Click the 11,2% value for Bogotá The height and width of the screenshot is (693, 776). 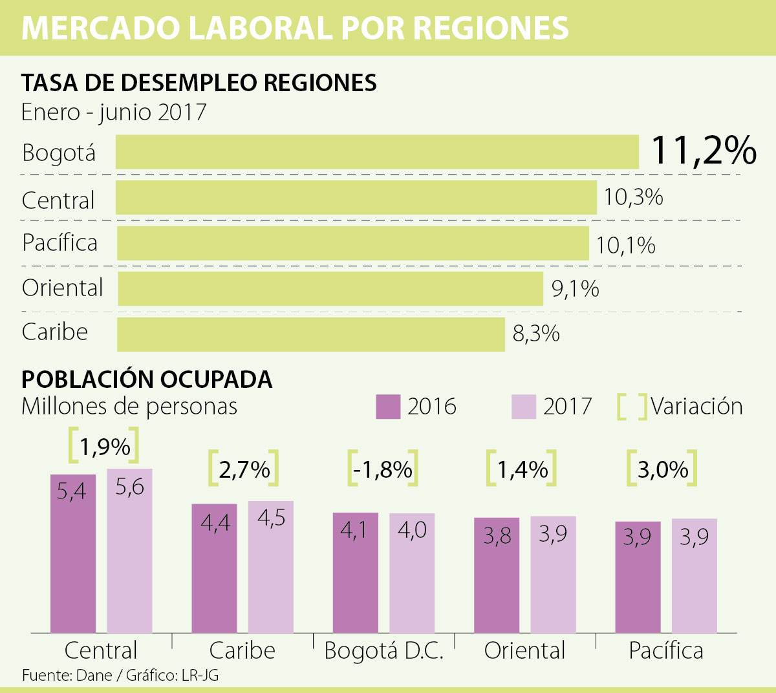(x=703, y=151)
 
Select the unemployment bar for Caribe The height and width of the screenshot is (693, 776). (x=310, y=334)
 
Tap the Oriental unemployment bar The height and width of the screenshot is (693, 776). (x=330, y=288)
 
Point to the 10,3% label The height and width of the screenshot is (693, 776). (x=633, y=197)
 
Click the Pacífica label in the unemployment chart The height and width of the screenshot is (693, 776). (x=59, y=242)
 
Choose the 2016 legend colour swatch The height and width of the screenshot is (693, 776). (x=388, y=407)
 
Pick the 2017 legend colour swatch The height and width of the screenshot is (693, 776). (x=524, y=407)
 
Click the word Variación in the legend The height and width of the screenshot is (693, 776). (x=696, y=407)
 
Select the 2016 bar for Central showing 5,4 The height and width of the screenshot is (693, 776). (x=73, y=553)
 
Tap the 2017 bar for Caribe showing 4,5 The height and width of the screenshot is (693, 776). (x=271, y=566)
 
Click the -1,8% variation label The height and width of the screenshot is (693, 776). (x=383, y=469)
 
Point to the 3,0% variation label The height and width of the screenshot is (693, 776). (x=663, y=469)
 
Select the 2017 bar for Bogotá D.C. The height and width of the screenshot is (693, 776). (x=412, y=572)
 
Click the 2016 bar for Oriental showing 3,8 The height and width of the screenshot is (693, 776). (x=497, y=575)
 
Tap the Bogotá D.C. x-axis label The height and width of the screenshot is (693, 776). (x=383, y=650)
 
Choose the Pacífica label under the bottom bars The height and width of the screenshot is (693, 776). (x=666, y=650)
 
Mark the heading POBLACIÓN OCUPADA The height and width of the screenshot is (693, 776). (x=147, y=379)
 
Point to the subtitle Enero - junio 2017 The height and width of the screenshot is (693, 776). (x=114, y=112)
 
